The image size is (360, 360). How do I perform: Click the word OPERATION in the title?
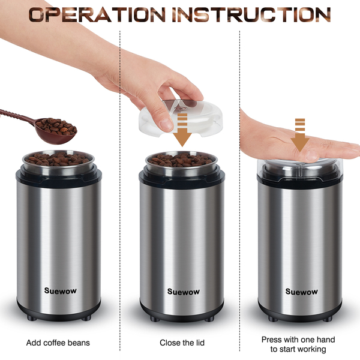[x=97, y=14]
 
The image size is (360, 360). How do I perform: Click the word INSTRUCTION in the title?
[x=251, y=14]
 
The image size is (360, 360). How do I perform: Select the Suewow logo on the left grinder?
[x=61, y=290]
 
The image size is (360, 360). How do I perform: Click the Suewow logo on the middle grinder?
[x=184, y=292]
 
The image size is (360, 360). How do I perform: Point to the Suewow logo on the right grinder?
[x=301, y=292]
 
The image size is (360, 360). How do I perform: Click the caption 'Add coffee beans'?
[x=58, y=343]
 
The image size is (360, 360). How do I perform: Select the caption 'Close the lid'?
[x=182, y=343]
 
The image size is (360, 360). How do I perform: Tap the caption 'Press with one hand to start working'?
[x=298, y=344]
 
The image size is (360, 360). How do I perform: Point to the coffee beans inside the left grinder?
[x=58, y=159]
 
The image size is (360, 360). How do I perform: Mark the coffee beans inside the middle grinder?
[x=180, y=160]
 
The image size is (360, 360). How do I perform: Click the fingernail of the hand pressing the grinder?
[x=312, y=155]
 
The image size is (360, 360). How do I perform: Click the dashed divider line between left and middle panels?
[x=120, y=191]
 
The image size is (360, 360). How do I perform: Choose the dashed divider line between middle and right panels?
[x=239, y=191]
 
